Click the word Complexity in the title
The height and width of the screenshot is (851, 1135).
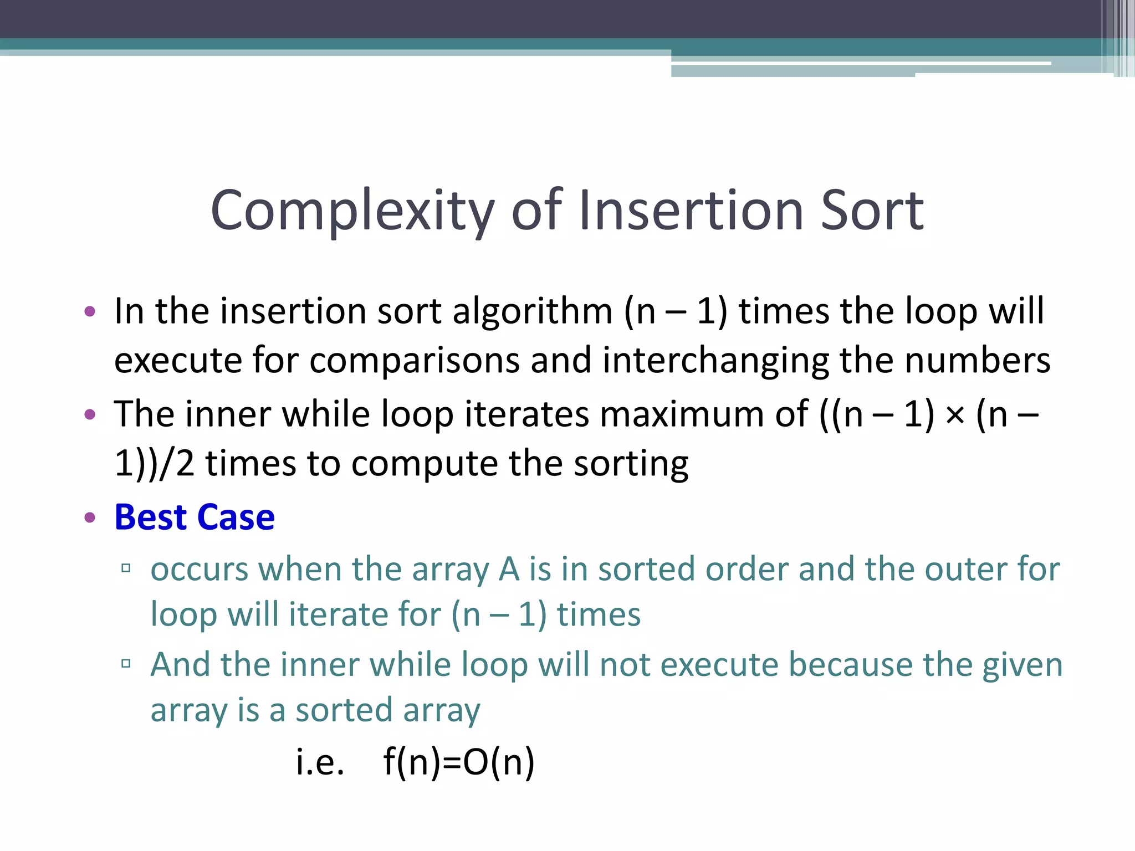coord(352,211)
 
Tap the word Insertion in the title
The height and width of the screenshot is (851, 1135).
coord(691,210)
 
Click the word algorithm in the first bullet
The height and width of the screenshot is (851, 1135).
coord(532,311)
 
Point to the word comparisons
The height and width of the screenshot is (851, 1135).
coord(414,361)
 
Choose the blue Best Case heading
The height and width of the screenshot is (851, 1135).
coord(195,517)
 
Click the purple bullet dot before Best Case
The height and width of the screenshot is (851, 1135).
coord(90,518)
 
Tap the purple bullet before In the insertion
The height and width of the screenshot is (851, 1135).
coord(90,311)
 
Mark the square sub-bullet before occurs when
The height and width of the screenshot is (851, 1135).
coord(126,568)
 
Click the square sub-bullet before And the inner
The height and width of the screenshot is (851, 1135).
coord(126,663)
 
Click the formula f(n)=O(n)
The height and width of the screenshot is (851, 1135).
coord(459,762)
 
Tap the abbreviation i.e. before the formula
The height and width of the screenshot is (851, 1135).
coord(320,762)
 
